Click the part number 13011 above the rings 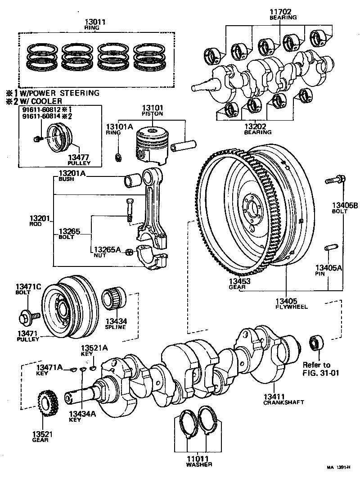point(95,21)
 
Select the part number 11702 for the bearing point(283,11)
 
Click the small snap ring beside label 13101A point(118,157)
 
